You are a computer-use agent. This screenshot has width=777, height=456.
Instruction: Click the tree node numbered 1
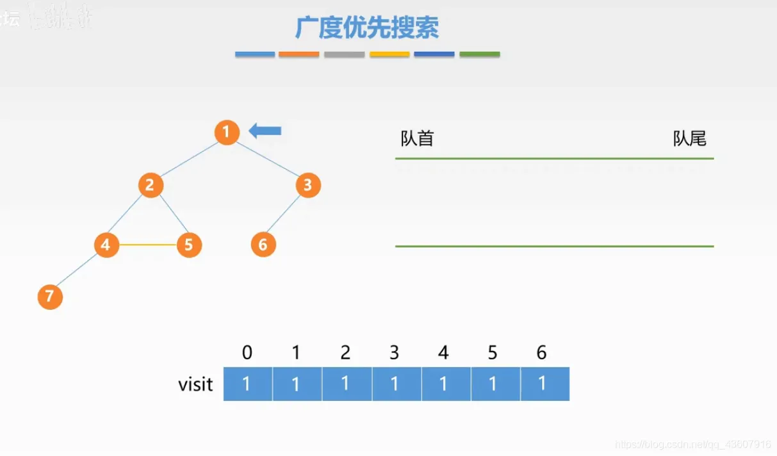(226, 133)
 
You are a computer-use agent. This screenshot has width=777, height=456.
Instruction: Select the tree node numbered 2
(151, 186)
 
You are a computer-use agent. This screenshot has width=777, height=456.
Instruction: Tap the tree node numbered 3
(308, 185)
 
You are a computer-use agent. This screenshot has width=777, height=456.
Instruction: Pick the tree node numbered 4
(106, 245)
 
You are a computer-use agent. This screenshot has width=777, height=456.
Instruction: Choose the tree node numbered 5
(189, 245)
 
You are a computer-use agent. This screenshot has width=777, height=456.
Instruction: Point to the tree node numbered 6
(263, 245)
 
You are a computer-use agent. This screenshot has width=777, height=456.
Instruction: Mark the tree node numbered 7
(50, 297)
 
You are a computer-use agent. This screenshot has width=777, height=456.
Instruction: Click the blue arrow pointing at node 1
(265, 131)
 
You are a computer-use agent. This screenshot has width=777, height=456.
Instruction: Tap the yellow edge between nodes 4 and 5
(147, 245)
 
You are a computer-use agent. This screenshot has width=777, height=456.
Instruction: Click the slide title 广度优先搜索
(366, 28)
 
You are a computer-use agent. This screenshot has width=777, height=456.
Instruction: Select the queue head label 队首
(417, 138)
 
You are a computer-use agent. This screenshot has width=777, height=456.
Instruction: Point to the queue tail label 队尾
(689, 138)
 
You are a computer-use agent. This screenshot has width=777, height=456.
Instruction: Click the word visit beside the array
(195, 384)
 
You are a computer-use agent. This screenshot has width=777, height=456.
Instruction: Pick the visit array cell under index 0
(248, 384)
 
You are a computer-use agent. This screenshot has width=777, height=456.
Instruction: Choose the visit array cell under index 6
(544, 384)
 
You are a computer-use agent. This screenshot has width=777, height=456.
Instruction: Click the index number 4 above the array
(443, 352)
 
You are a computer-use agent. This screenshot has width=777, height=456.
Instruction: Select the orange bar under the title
(299, 54)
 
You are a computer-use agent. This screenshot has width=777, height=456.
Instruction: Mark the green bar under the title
(479, 54)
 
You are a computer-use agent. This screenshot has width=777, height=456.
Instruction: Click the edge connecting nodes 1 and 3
(268, 159)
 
